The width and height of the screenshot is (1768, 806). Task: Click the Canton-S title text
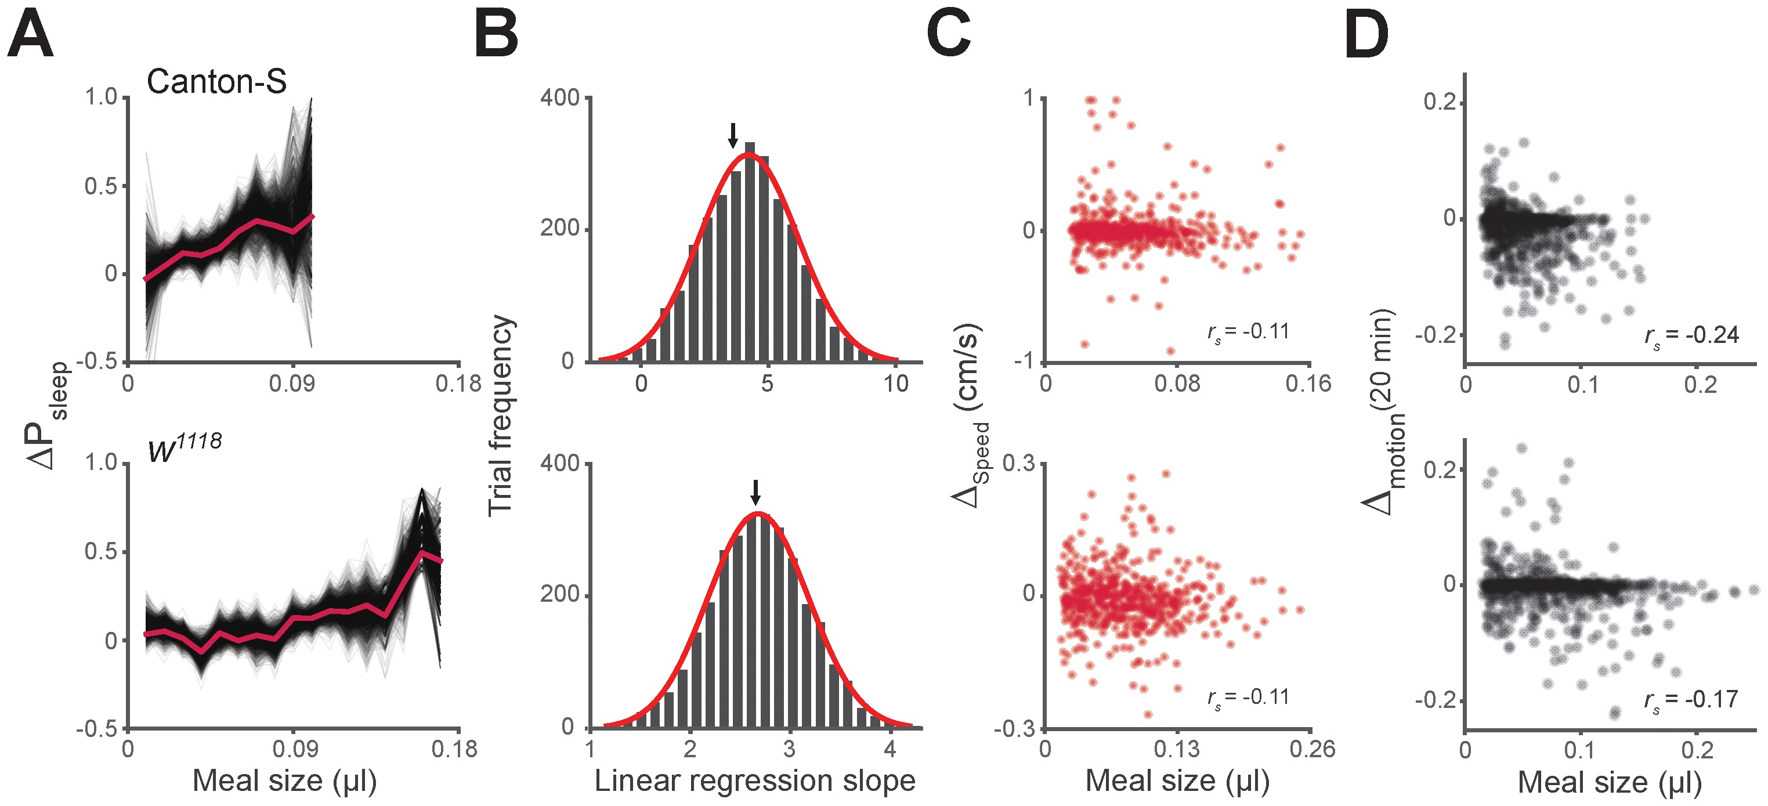point(216,82)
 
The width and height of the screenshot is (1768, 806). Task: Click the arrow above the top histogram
point(733,135)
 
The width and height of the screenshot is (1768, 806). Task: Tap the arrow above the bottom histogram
point(755,492)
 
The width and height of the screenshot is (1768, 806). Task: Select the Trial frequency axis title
point(500,415)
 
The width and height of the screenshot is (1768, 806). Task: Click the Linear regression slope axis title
point(754,780)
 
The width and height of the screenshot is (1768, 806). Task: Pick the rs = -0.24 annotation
point(1692,337)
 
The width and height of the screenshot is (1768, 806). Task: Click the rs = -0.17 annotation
point(1691,700)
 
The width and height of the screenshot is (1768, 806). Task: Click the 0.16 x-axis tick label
point(1308,383)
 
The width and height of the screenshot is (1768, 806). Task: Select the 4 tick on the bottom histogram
point(890,749)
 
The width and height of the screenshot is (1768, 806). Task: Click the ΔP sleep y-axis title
point(48,415)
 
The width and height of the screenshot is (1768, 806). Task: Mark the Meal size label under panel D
point(1610,782)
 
